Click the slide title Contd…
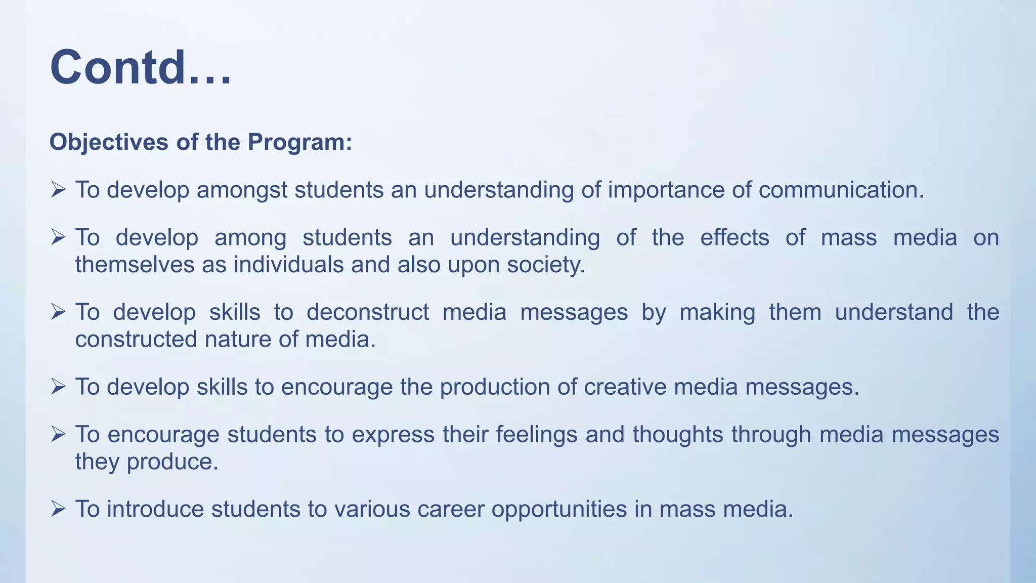[141, 67]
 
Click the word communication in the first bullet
[841, 190]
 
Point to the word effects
[735, 238]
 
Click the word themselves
[135, 265]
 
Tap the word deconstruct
[368, 312]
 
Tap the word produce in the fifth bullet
[172, 462]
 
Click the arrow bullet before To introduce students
[58, 509]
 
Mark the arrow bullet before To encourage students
[58, 434]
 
